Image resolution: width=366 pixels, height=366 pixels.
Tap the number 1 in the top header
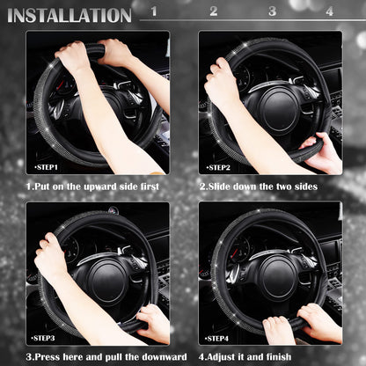(154, 11)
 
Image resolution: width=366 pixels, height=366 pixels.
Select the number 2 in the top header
(213, 11)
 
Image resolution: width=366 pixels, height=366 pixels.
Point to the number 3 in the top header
(272, 11)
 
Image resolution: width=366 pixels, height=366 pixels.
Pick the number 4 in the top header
(329, 11)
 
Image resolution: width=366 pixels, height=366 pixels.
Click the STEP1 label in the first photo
(47, 166)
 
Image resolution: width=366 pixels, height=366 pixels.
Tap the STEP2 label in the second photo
(219, 166)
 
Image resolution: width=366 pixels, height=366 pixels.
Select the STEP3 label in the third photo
(44, 337)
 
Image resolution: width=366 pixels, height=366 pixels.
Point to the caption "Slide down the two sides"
(259, 186)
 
